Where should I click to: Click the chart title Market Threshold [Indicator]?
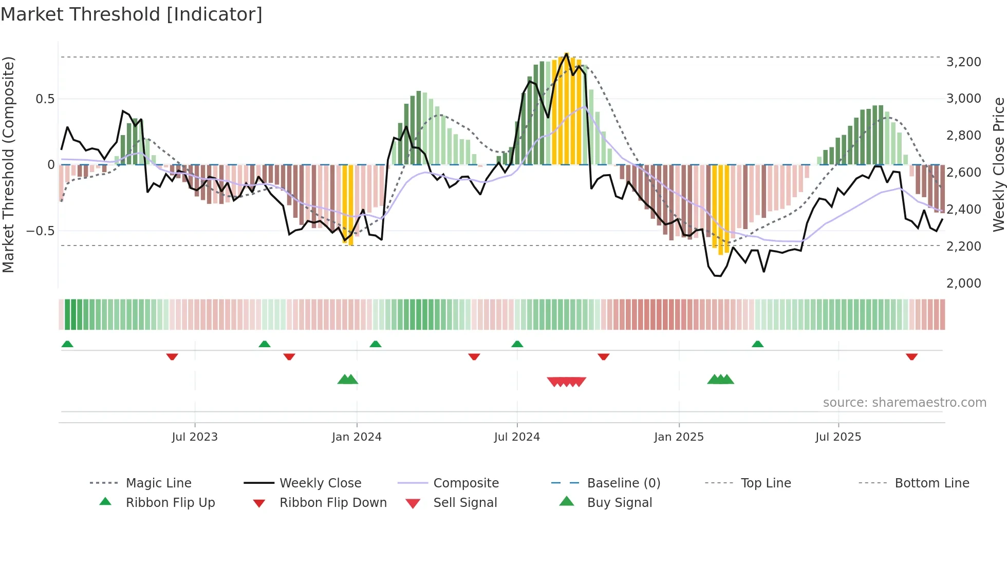click(132, 14)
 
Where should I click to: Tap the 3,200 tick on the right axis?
click(963, 62)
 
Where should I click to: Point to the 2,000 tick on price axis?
click(963, 284)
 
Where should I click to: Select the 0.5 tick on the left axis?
click(45, 99)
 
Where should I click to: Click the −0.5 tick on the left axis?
click(41, 231)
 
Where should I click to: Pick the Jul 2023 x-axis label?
click(195, 437)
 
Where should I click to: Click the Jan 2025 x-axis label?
click(679, 437)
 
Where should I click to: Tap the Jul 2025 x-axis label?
click(838, 437)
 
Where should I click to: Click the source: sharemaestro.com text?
click(904, 403)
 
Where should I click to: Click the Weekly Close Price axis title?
click(998, 164)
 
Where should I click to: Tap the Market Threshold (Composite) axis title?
click(8, 164)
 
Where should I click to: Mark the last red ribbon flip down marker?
click(911, 356)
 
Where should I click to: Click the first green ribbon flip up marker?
click(67, 344)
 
